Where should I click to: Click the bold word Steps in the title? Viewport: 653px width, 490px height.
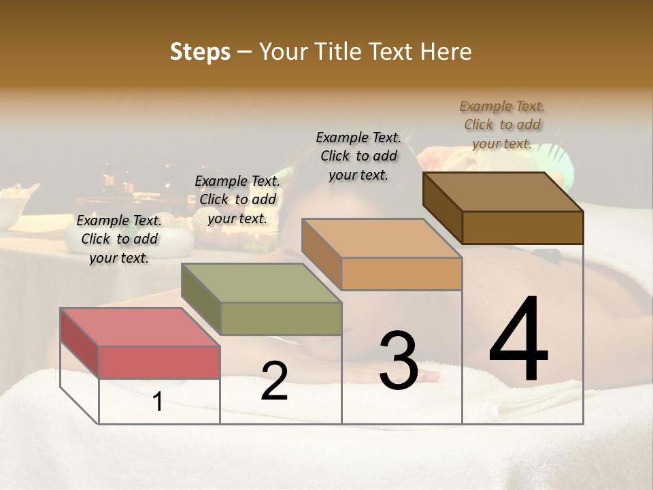click(200, 52)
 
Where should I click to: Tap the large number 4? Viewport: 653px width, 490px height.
click(518, 340)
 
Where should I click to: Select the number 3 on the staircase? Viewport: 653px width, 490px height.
click(398, 361)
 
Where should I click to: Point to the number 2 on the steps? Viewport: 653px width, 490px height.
click(274, 382)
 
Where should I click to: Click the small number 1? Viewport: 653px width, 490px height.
click(157, 402)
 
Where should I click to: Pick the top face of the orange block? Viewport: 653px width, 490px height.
click(382, 238)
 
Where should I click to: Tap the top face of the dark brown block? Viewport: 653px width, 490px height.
click(503, 192)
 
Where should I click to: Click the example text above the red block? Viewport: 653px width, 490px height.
click(119, 239)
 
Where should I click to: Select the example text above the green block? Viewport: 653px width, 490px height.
click(237, 199)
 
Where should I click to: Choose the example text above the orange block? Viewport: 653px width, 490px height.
click(358, 156)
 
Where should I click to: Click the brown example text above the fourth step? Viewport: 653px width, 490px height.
click(502, 125)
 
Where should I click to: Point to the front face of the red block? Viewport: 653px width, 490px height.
click(159, 362)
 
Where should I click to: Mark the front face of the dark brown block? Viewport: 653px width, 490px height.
click(522, 227)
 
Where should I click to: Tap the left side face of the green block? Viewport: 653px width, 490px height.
click(201, 299)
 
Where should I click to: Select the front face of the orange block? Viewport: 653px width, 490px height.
click(401, 274)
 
